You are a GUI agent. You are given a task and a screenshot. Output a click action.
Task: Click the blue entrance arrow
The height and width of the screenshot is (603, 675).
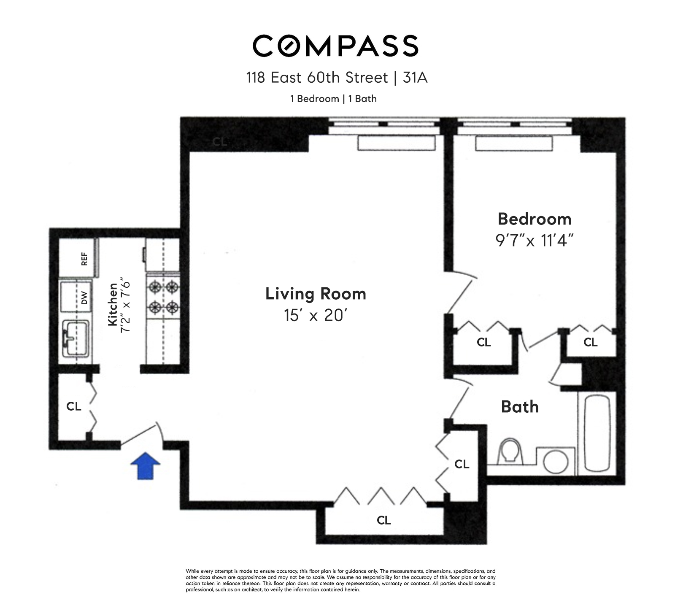point(145,465)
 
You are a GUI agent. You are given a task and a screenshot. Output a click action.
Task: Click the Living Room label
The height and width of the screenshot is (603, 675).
point(316,294)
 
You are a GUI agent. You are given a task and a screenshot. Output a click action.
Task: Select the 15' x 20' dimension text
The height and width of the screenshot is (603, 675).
point(315,315)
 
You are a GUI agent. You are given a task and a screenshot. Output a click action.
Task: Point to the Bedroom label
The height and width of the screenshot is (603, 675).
point(535,219)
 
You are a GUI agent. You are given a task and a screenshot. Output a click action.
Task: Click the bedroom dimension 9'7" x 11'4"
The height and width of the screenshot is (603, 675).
point(534,241)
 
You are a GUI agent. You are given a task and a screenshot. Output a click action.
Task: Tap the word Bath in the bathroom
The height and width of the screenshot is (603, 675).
point(520,407)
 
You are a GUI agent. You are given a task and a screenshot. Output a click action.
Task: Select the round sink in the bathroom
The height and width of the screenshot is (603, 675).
point(556,461)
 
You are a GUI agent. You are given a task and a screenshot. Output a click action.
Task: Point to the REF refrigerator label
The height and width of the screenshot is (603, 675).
point(84,259)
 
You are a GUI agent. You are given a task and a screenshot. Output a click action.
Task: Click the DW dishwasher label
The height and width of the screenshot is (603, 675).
point(84,298)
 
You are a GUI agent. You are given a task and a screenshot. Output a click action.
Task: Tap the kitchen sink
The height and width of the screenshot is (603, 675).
point(76,338)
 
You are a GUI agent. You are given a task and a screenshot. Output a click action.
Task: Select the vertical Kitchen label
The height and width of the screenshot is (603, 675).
point(113,304)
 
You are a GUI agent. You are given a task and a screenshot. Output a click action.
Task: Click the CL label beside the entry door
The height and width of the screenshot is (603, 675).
point(74,406)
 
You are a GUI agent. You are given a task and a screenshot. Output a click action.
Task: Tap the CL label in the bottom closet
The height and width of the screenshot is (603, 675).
point(383,520)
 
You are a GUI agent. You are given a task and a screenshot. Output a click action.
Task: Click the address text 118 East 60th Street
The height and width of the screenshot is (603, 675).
point(317,78)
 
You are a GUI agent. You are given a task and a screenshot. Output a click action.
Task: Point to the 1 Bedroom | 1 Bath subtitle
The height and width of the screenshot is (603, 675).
point(333,99)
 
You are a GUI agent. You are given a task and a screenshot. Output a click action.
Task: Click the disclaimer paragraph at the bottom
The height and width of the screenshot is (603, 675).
point(340,580)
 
